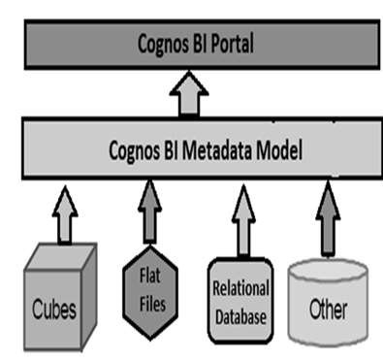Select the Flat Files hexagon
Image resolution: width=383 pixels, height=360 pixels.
(x=149, y=291)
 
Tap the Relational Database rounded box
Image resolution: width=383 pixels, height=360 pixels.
(x=240, y=298)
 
